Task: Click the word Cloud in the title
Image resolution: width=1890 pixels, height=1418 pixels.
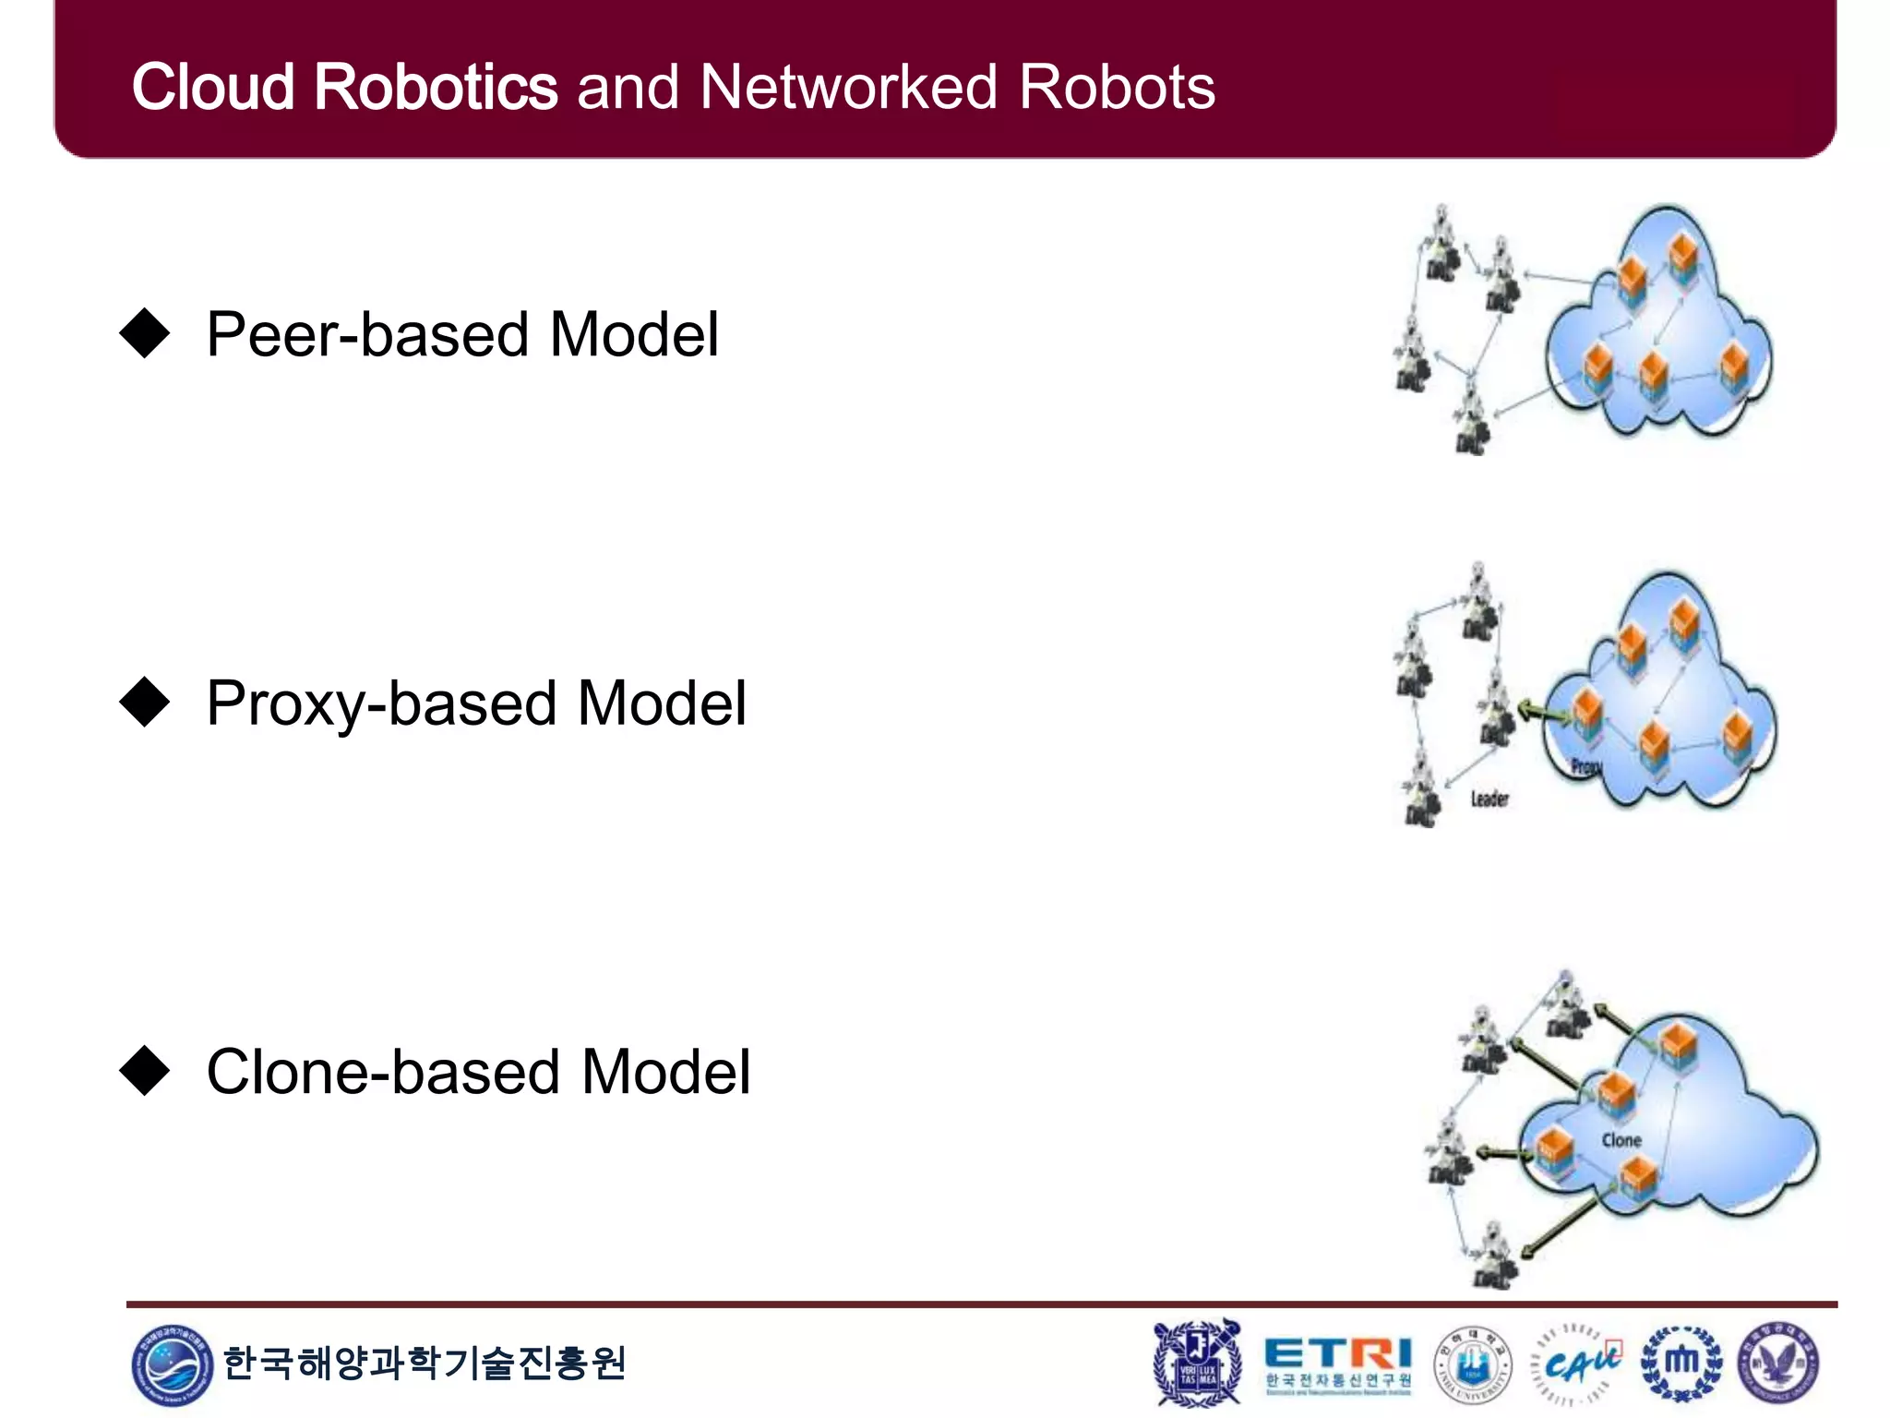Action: pos(212,88)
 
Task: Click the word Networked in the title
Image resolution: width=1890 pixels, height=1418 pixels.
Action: pos(847,88)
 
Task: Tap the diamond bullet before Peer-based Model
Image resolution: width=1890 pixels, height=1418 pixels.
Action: pos(145,333)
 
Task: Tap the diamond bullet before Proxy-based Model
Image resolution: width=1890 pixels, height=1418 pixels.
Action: pos(145,703)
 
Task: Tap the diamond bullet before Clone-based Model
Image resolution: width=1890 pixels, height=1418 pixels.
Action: pos(145,1071)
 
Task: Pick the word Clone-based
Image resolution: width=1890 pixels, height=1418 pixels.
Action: pos(383,1073)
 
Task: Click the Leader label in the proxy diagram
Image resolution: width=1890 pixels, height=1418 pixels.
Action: pos(1489,799)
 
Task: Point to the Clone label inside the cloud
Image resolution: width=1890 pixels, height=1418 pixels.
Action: pos(1621,1140)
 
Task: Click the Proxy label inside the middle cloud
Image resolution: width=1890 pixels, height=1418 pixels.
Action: pos(1586,766)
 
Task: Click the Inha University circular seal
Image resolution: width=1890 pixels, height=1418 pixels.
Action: pos(1473,1364)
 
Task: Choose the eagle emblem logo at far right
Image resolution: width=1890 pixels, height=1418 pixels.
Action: pos(1778,1364)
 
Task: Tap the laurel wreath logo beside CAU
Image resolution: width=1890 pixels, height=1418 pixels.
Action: pos(1681,1364)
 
